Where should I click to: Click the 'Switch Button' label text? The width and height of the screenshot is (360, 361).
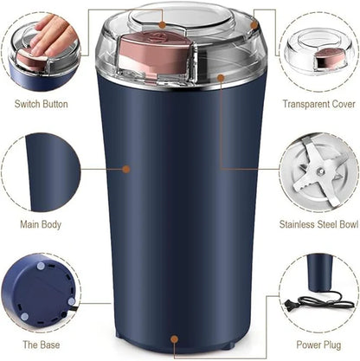[x=42, y=104]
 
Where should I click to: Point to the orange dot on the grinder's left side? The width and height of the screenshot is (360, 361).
[x=125, y=169]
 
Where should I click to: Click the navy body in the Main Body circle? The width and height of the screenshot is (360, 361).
[x=48, y=169]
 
